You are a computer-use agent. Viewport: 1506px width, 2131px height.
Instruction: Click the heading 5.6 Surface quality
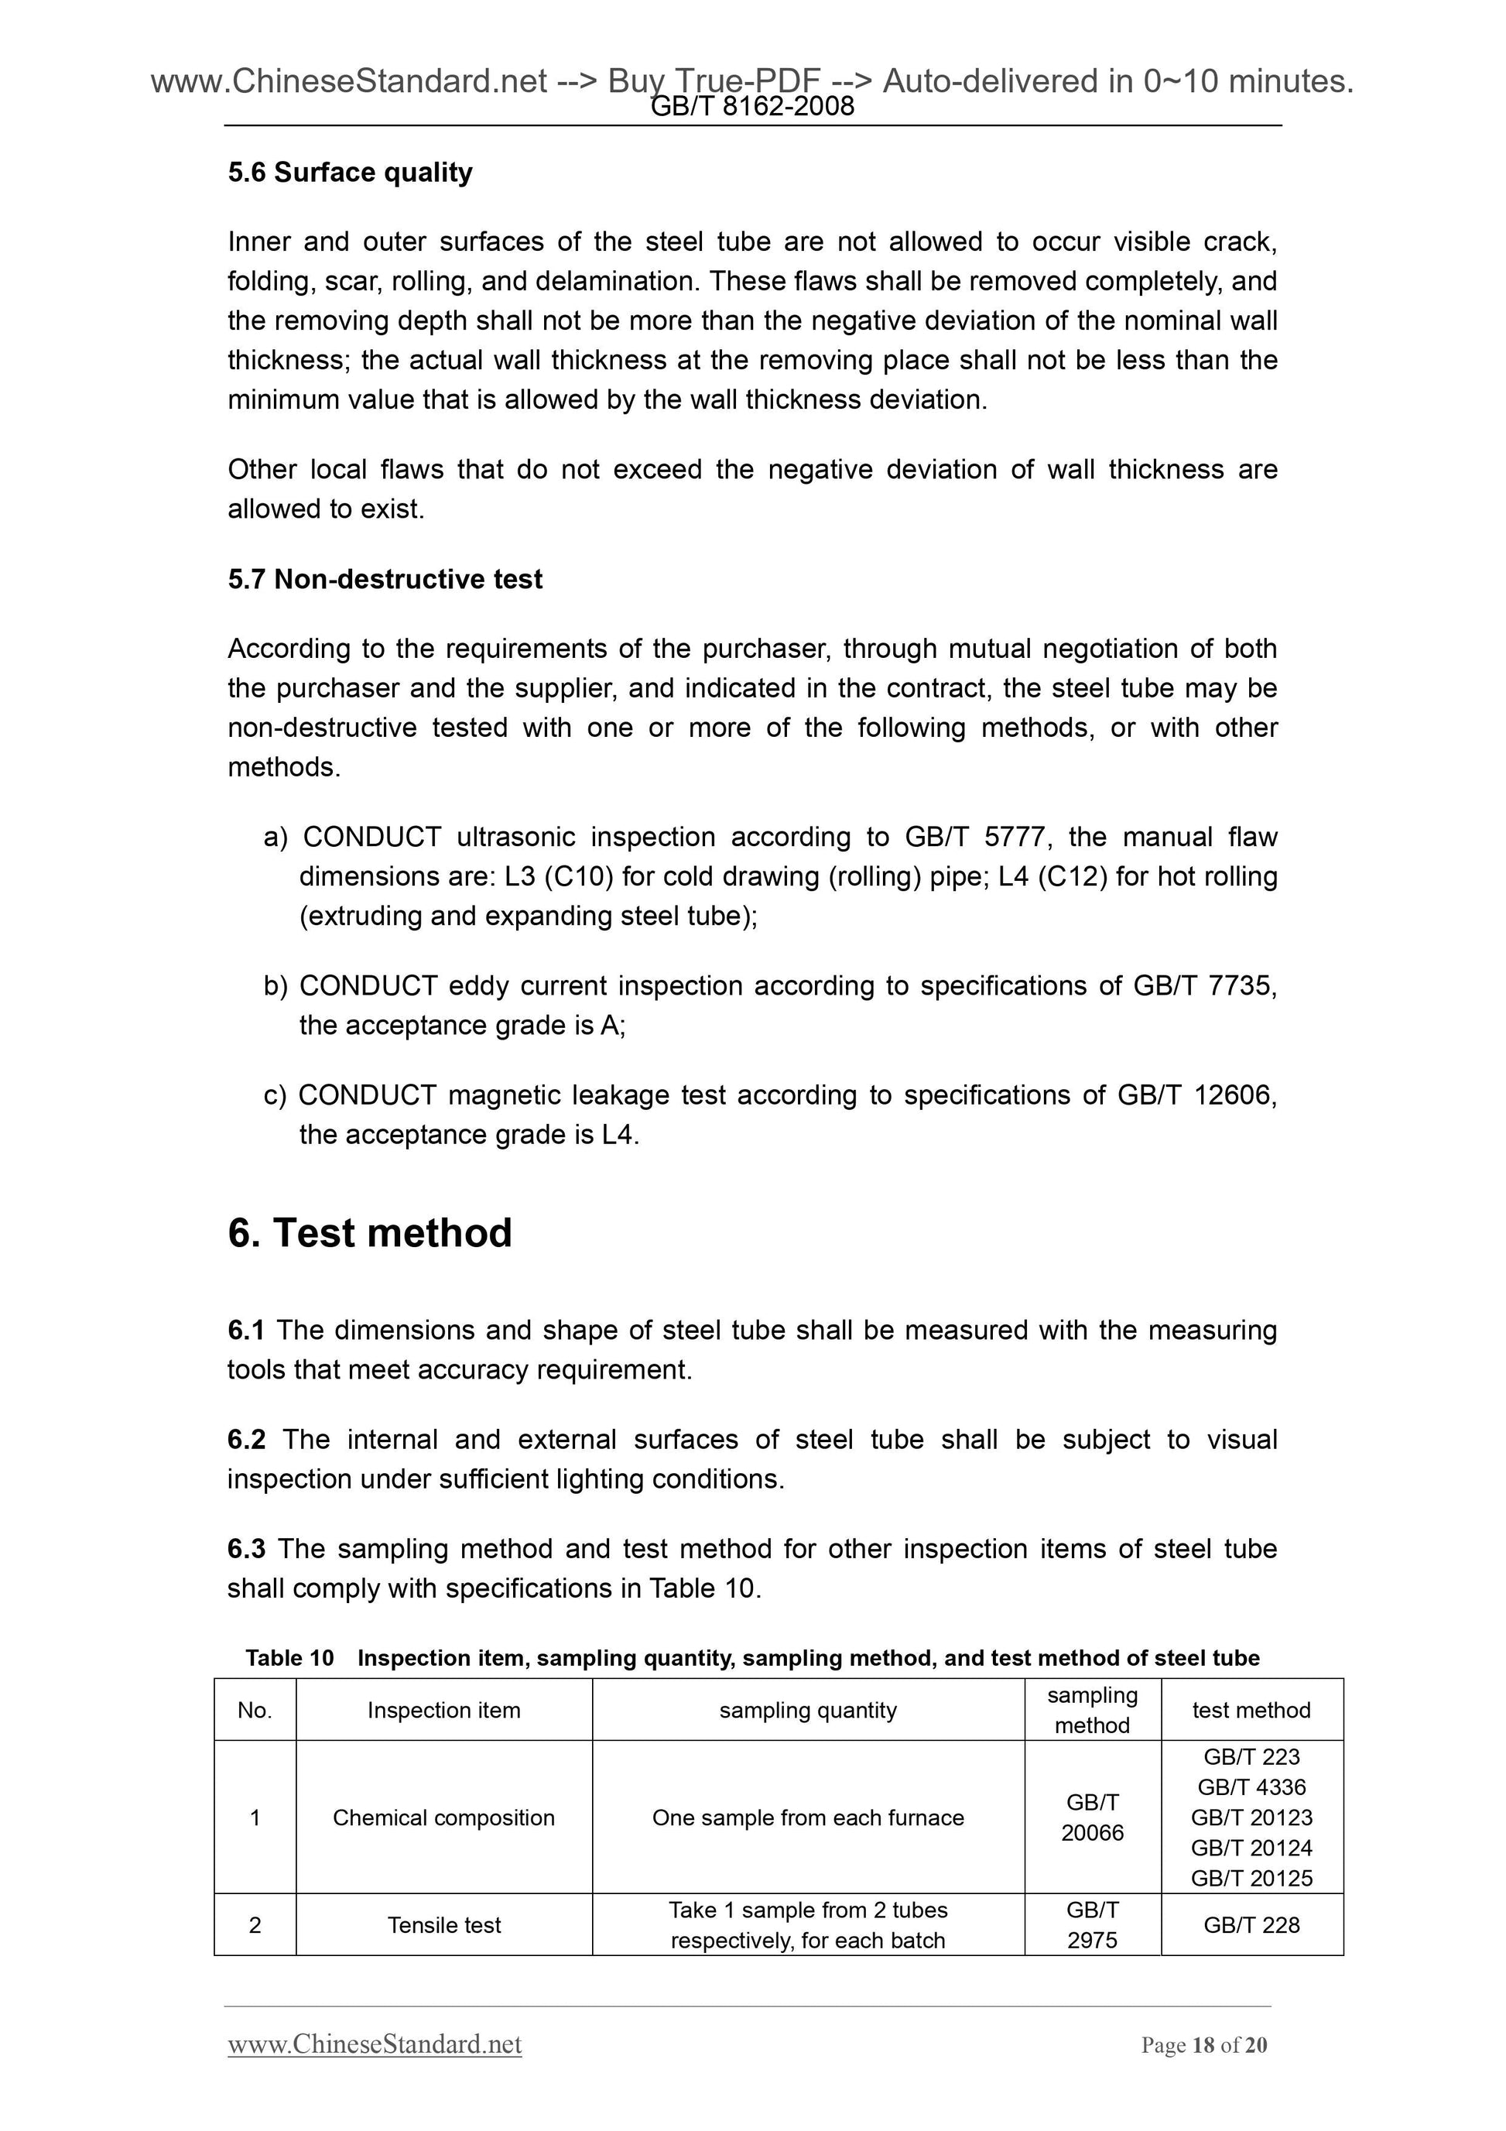click(x=350, y=172)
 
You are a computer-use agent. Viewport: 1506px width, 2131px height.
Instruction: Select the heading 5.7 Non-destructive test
click(x=385, y=579)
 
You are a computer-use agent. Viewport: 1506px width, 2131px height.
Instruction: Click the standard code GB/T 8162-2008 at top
click(x=752, y=107)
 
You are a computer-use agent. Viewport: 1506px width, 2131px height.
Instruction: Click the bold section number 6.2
click(x=246, y=1440)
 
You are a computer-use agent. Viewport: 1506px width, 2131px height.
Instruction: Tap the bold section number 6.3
click(x=246, y=1549)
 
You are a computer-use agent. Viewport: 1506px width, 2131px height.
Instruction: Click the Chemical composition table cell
click(x=443, y=1818)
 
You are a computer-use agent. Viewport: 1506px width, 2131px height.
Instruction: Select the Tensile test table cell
click(x=443, y=1925)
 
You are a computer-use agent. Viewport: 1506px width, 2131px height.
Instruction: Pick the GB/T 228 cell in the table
click(x=1251, y=1925)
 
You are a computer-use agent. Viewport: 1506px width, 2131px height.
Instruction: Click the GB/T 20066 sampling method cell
click(x=1092, y=1818)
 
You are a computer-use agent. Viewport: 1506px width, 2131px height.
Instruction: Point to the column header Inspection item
click(x=443, y=1710)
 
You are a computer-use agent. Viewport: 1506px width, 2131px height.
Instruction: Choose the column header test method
click(x=1251, y=1710)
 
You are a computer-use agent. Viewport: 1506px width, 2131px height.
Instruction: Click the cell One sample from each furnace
click(x=807, y=1818)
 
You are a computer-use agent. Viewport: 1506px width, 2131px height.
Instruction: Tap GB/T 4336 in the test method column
click(x=1251, y=1787)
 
